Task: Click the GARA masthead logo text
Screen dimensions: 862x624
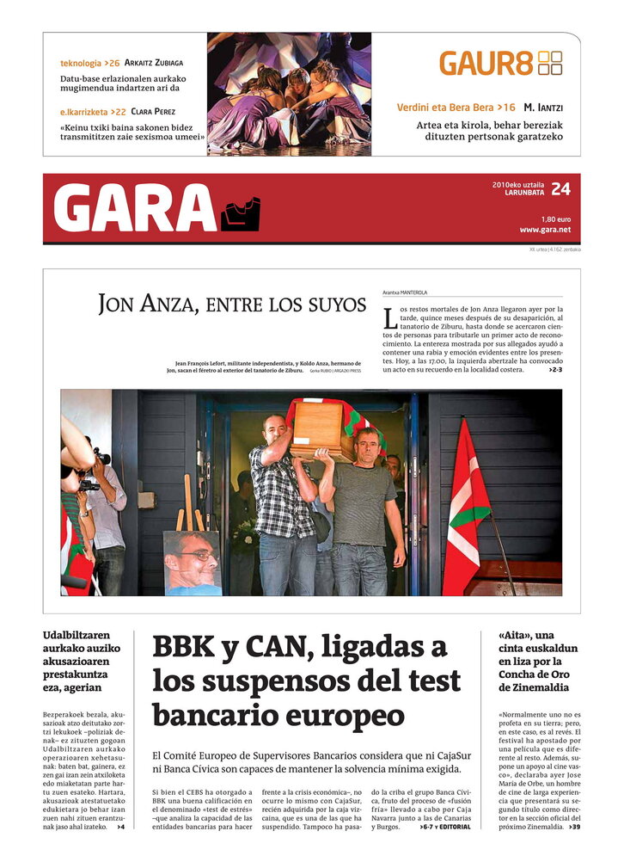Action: click(x=135, y=209)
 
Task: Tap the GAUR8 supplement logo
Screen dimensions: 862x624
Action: click(x=499, y=63)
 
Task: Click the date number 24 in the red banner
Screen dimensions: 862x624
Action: click(x=560, y=189)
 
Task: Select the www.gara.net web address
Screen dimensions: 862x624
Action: click(x=545, y=230)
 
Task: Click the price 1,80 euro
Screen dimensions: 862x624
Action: click(x=555, y=219)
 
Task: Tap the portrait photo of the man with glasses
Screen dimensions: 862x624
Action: click(x=192, y=563)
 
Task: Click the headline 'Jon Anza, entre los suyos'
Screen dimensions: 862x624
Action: click(x=231, y=304)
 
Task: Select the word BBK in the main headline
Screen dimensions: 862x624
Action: click(x=185, y=647)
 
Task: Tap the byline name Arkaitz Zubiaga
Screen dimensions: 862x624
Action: click(x=153, y=63)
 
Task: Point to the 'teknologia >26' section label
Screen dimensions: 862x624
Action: click(x=89, y=64)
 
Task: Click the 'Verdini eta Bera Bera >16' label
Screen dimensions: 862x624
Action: click(x=456, y=108)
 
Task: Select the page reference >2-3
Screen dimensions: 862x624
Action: click(x=555, y=370)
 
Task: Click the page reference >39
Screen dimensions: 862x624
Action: click(x=573, y=827)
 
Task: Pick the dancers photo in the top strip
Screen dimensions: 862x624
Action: click(x=289, y=94)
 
